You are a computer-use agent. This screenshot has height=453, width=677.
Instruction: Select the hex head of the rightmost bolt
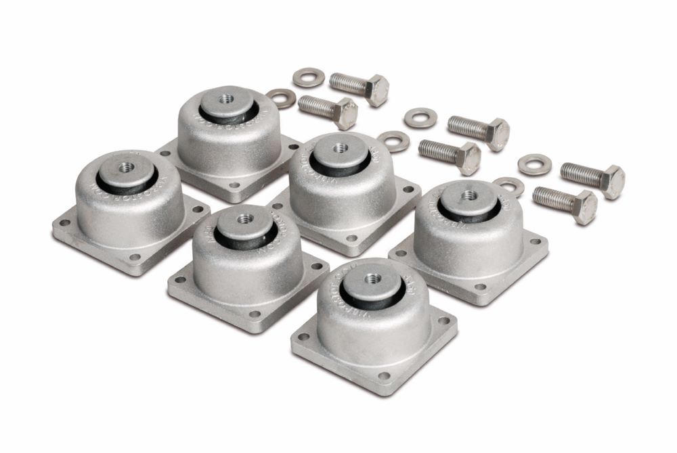(x=612, y=181)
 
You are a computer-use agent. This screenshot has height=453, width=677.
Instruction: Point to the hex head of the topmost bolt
(x=376, y=90)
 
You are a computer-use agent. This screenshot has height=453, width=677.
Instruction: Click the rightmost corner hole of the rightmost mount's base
(x=536, y=242)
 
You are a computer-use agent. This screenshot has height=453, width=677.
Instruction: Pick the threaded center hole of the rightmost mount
(x=468, y=195)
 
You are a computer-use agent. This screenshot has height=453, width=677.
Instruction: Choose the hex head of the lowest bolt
(x=584, y=206)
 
